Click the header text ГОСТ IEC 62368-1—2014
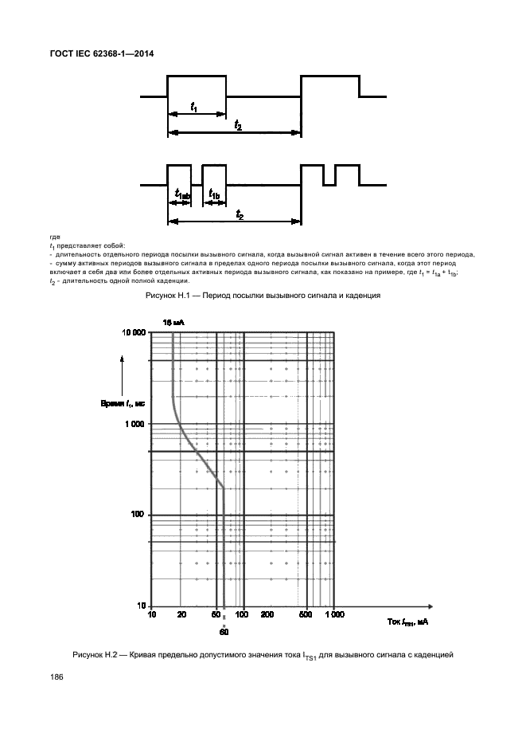click(x=101, y=53)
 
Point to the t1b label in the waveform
click(x=215, y=194)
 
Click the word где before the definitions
click(x=54, y=237)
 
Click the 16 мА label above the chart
click(x=173, y=322)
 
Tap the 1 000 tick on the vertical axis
click(x=136, y=424)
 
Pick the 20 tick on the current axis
click(x=181, y=615)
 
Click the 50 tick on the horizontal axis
click(x=216, y=615)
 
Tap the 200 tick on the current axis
click(x=267, y=615)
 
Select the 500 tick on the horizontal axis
click(x=306, y=615)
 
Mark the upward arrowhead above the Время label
click(x=122, y=361)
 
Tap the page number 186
click(x=56, y=676)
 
